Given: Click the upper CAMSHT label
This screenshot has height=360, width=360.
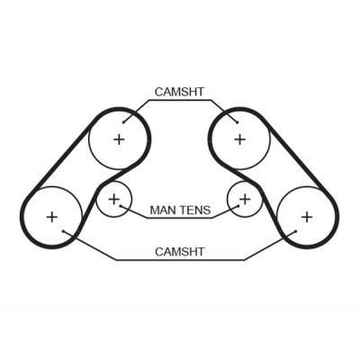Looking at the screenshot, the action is click(x=179, y=92).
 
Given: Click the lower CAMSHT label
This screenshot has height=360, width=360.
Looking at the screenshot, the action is click(x=179, y=252).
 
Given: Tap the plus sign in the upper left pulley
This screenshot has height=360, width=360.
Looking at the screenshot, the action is click(x=119, y=139).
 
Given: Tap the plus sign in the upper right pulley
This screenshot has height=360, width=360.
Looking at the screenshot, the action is click(x=239, y=139).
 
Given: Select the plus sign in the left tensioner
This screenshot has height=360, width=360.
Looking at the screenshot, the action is click(x=113, y=199).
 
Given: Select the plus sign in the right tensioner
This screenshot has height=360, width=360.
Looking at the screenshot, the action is click(x=246, y=199).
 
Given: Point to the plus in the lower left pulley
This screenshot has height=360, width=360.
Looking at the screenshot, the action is click(x=52, y=217).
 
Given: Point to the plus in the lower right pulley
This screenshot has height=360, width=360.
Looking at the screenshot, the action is click(x=307, y=217).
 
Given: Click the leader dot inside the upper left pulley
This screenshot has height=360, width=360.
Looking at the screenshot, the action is click(x=123, y=122).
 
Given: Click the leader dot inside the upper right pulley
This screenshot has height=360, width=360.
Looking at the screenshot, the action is click(x=237, y=122).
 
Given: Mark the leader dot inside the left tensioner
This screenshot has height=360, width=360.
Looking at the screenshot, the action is click(x=121, y=206).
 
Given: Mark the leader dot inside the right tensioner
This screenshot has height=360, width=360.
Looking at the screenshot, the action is click(x=238, y=206).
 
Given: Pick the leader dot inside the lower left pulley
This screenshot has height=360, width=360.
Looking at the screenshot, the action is click(x=64, y=231).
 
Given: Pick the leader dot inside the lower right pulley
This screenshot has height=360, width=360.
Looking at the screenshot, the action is click(x=296, y=231).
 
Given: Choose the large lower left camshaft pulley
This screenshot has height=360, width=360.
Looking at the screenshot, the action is click(x=82, y=217).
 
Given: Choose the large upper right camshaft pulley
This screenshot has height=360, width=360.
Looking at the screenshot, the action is click(x=270, y=139).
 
